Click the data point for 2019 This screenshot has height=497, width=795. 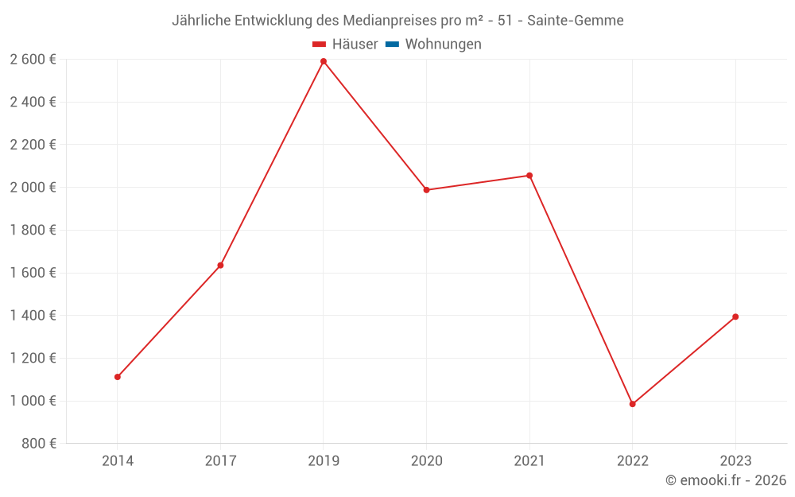coord(324,61)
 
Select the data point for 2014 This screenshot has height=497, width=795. coord(118,377)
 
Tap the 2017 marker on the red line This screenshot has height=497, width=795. coord(220,266)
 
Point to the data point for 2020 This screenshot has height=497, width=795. coord(426,190)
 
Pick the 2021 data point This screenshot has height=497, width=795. coord(529,176)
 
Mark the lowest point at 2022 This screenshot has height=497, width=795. coord(633,404)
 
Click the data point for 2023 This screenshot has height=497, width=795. coord(735,316)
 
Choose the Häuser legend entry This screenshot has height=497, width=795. coord(345,45)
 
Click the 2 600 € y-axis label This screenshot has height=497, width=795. coord(33,60)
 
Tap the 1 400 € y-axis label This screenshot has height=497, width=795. coord(33,316)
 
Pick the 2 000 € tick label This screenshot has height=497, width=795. coord(33,188)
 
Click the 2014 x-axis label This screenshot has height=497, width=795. coord(118,460)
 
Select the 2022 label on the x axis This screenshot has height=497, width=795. coord(633,460)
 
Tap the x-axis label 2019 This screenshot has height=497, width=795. coord(324,460)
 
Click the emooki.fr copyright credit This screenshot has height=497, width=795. coord(726,480)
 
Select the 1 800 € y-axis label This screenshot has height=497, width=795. coord(33,231)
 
